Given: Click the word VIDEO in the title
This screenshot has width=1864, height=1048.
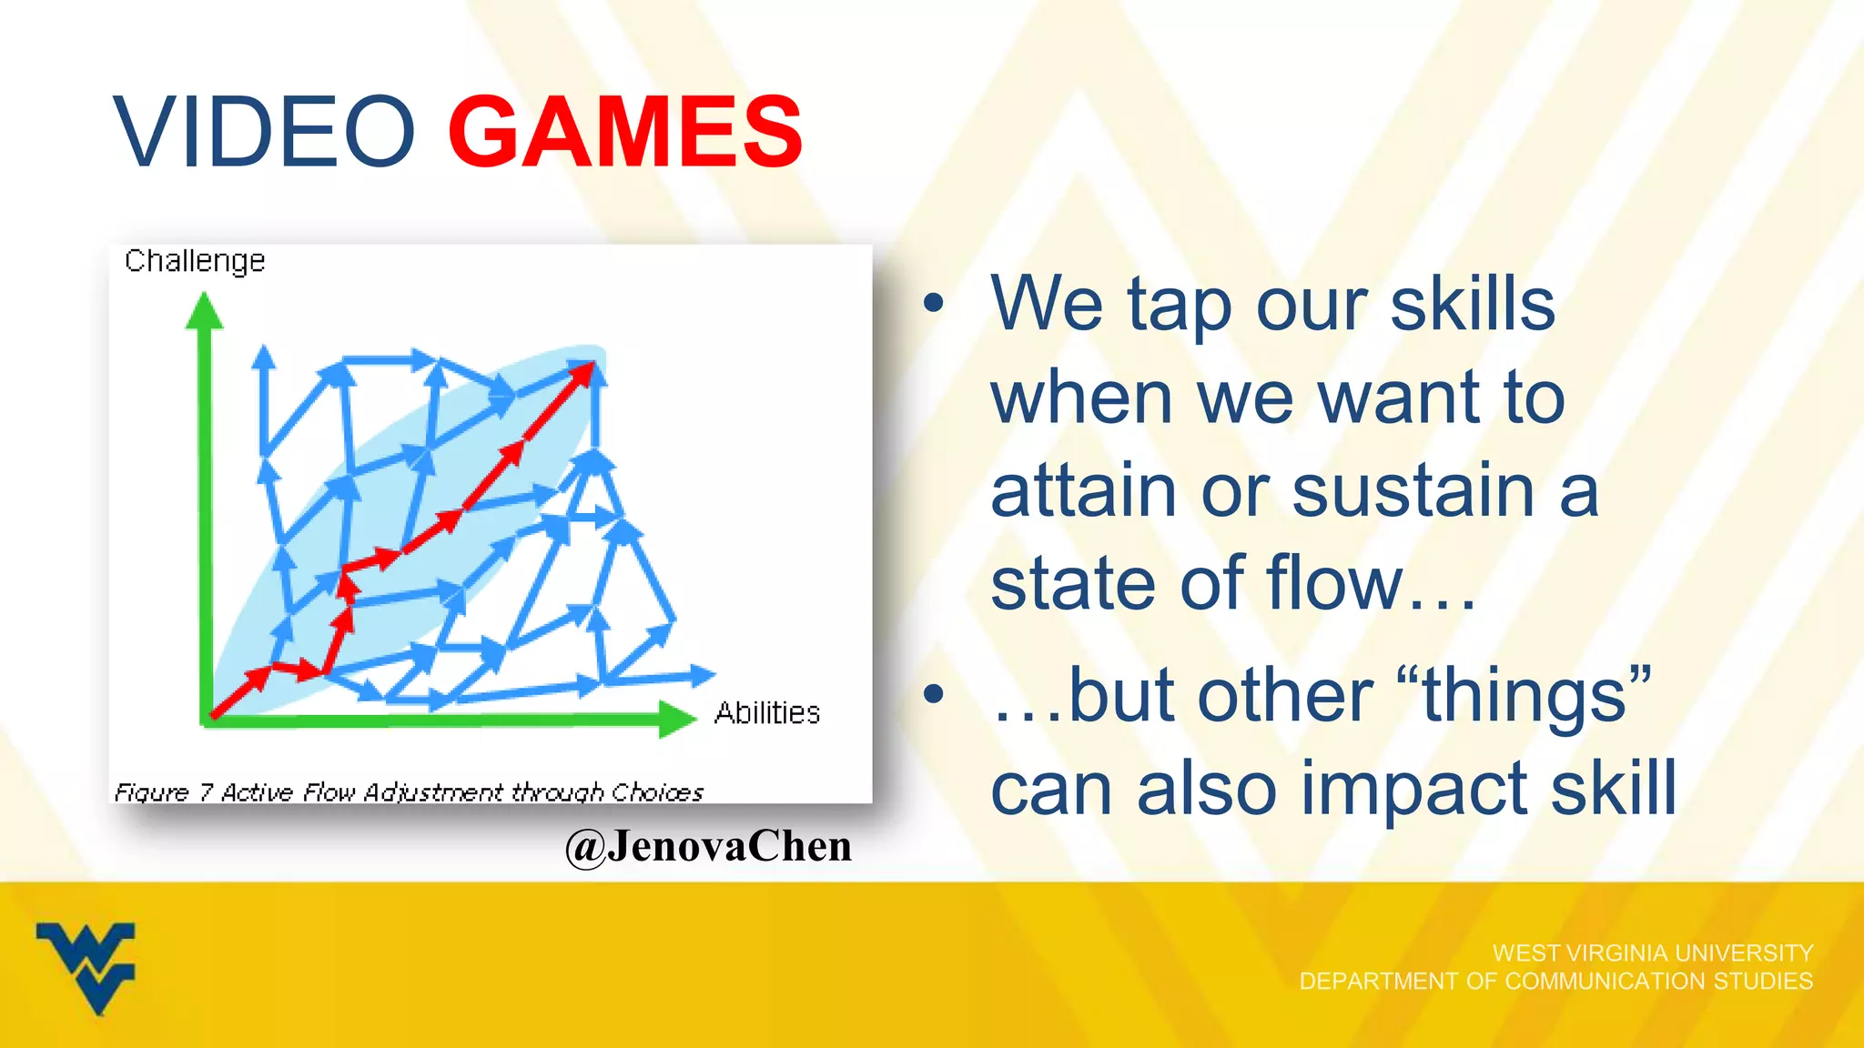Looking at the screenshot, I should [x=264, y=133].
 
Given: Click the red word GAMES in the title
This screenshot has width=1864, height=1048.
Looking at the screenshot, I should [x=625, y=133].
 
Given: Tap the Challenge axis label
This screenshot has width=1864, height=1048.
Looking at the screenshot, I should [x=195, y=261].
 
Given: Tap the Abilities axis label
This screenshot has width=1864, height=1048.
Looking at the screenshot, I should [x=767, y=712].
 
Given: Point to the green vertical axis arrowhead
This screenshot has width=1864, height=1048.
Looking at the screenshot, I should [x=204, y=312].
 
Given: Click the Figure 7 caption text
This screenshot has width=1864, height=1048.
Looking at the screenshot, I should [x=409, y=792].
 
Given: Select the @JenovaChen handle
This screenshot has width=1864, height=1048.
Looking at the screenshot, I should [x=708, y=846].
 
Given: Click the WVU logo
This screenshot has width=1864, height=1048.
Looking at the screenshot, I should [x=86, y=967].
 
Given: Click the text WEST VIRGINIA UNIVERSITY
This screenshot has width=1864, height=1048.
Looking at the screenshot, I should [x=1653, y=952].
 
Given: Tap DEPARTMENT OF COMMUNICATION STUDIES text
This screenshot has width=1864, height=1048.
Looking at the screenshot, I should [x=1555, y=981].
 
